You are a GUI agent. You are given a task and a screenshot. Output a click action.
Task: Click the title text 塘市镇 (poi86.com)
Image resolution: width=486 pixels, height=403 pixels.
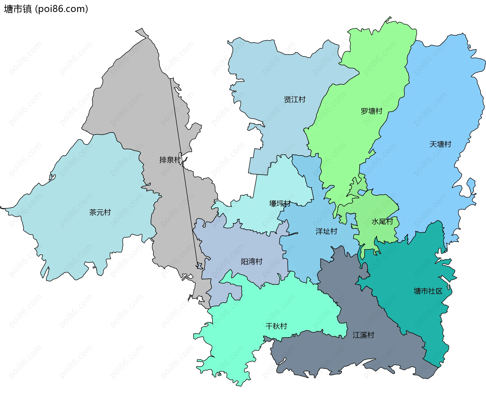coord(46,9)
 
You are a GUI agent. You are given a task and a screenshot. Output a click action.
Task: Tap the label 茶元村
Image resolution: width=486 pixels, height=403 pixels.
coord(100,212)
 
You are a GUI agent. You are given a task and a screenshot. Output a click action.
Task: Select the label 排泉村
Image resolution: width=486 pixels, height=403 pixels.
coord(170,160)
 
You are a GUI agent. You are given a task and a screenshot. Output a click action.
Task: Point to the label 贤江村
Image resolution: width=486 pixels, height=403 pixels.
coord(295,99)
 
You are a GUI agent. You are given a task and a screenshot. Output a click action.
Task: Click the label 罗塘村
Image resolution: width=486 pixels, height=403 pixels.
coord(371,111)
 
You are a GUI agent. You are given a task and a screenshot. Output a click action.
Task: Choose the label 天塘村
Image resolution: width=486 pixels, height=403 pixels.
coord(440,144)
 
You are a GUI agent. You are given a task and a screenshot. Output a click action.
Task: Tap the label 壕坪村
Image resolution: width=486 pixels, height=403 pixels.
coord(279,203)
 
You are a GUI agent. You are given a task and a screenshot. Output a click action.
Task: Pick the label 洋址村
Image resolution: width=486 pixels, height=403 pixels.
coord(326,231)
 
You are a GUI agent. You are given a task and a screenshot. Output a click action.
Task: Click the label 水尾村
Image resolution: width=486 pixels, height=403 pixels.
coord(382,222)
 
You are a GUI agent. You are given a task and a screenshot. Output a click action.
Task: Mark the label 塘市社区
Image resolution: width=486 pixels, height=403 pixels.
coord(428,291)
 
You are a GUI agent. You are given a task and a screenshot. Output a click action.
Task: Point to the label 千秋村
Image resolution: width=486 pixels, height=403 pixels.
coord(276,326)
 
